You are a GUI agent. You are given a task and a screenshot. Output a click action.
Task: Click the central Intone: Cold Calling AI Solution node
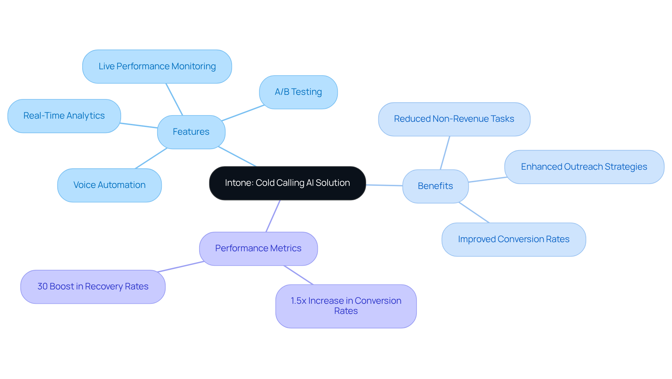[x=287, y=183]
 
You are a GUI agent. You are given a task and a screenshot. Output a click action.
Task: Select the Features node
[x=191, y=132]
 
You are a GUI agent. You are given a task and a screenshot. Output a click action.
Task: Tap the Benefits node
[x=435, y=186]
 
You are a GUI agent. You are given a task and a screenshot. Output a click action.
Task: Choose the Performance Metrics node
[x=258, y=248]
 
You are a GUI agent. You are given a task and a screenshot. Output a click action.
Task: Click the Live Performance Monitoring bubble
[x=157, y=66]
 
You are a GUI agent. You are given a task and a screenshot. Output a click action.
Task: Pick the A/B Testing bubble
[x=298, y=92]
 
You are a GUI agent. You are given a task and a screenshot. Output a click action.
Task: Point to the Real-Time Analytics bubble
[x=64, y=116]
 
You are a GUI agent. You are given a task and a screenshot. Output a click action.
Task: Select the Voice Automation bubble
[x=109, y=185]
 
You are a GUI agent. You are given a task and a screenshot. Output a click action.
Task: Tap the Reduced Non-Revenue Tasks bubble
[x=454, y=119]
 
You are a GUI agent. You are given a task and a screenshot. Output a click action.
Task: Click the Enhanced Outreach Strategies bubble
[x=584, y=167]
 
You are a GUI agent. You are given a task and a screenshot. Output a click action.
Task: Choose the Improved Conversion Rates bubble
[x=513, y=239]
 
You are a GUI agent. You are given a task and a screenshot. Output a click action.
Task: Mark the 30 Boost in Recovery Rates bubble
[x=93, y=287]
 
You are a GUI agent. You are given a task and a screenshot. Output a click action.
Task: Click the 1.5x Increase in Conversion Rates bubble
[x=346, y=306]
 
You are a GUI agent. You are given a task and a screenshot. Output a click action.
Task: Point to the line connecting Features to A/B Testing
[x=243, y=113]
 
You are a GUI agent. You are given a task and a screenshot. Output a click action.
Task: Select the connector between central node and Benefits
[x=384, y=185]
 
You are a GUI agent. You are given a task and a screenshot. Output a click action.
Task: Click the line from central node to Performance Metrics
[x=273, y=216]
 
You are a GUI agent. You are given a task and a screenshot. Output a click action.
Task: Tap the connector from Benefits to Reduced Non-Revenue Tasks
[x=445, y=153]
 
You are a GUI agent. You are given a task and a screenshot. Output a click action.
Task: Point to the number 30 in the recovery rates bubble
[x=42, y=287]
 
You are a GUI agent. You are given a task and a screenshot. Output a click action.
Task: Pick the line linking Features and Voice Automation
[x=151, y=158]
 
